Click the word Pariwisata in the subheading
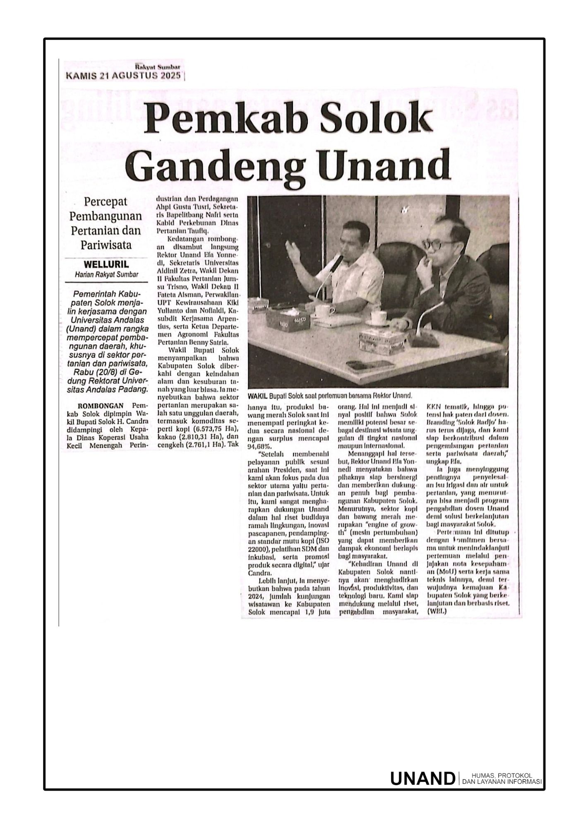106,245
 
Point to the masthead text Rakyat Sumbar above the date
160,67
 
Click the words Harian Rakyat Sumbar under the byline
106,274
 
